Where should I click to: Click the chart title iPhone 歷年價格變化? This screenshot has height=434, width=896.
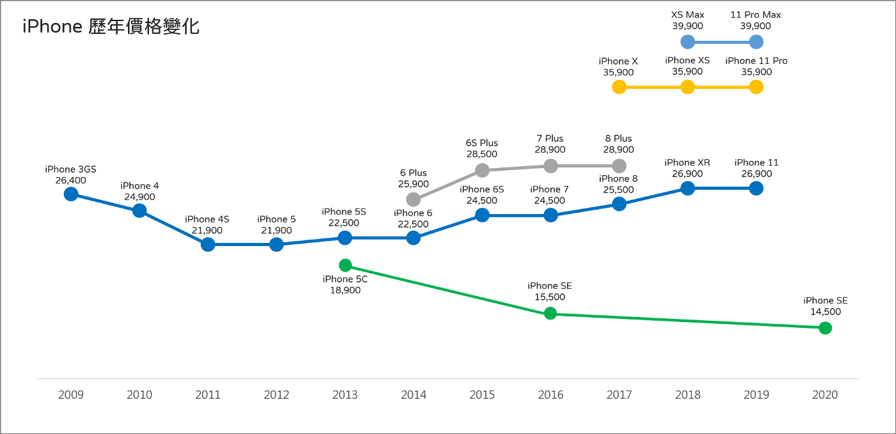tap(111, 27)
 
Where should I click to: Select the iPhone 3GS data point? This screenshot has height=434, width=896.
tap(71, 194)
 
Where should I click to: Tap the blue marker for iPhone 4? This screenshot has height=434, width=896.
tap(140, 210)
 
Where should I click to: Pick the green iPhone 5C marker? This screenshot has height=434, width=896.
tap(345, 265)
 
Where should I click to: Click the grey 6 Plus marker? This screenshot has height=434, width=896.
tap(413, 199)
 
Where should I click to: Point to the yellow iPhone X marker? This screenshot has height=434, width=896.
tap(619, 87)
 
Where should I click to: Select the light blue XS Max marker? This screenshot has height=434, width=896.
tap(687, 42)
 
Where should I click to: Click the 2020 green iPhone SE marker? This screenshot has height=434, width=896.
tap(825, 328)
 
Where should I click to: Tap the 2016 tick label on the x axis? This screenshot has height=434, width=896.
tap(550, 395)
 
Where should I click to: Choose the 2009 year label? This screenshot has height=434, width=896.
tap(71, 395)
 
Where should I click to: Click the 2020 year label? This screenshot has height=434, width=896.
tap(825, 395)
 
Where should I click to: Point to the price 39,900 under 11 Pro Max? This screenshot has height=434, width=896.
tap(756, 26)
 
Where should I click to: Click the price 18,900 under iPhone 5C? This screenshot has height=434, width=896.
tap(345, 290)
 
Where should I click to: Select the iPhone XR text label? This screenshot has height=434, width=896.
tap(687, 162)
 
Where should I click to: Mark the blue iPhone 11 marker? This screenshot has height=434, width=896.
tap(756, 188)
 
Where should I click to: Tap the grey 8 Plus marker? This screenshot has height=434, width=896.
tap(619, 166)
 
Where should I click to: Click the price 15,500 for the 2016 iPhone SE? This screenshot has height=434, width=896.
tap(550, 297)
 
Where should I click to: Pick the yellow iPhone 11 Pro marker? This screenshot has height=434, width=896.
tap(756, 87)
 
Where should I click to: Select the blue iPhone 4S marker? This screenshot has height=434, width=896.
tap(208, 244)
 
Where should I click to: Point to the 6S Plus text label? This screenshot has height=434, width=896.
tap(482, 143)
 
